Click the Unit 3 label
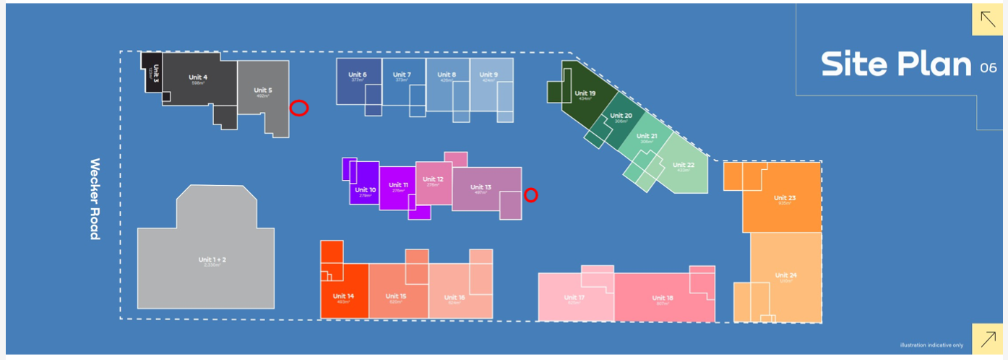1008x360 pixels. tap(155, 72)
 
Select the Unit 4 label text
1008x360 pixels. tap(198, 77)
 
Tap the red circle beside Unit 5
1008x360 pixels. tap(299, 108)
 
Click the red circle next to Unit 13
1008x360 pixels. tap(531, 194)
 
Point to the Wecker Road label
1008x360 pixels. tap(95, 199)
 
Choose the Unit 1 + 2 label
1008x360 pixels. tap(212, 260)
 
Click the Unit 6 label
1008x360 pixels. tap(357, 74)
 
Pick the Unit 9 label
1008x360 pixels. tap(488, 74)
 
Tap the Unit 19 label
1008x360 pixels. tap(585, 93)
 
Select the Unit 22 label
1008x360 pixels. tap(684, 165)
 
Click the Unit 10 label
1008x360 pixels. tap(366, 190)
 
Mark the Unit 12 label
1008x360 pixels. tap(433, 179)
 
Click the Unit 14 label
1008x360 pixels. tap(343, 296)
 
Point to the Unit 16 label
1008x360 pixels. tap(455, 297)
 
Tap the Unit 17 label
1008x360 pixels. tap(574, 297)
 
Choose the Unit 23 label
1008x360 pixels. tap(785, 197)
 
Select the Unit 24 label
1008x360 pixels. tap(785, 275)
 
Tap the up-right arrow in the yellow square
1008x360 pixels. tap(986, 338)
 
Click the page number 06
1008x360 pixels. tap(988, 68)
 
